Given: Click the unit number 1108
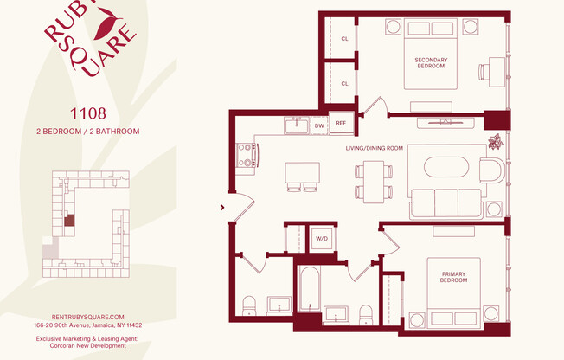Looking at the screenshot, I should (87, 112).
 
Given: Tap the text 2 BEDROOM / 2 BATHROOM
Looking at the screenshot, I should (87, 132).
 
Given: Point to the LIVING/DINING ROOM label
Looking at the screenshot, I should (374, 148).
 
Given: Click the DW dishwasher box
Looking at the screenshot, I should (319, 125).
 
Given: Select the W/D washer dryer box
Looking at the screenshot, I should (321, 238).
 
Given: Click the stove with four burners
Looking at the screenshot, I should (247, 155).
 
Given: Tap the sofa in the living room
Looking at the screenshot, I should (445, 202).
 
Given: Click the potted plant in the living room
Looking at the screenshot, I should (496, 143).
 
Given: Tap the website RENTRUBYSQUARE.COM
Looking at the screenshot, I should (87, 318).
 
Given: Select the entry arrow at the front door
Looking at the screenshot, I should (223, 207).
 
